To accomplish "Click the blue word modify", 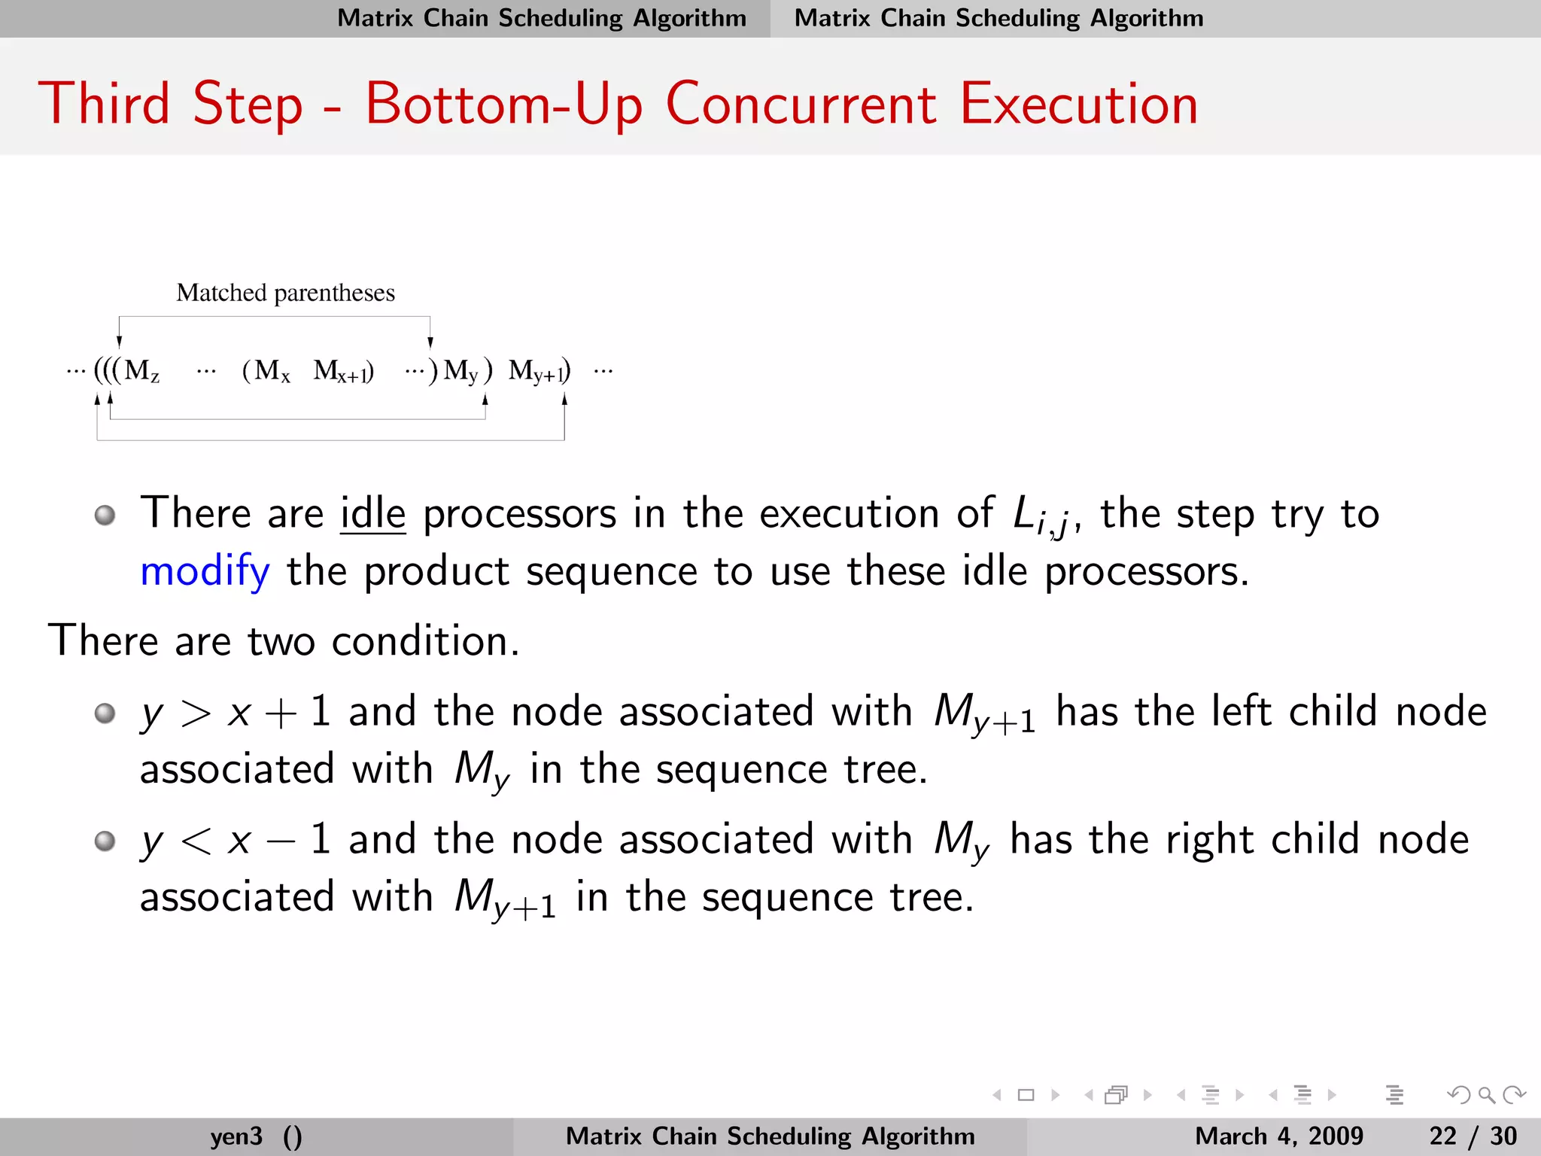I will click(x=205, y=572).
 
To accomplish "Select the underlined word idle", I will click(x=372, y=514).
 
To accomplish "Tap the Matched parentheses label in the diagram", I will click(x=285, y=293).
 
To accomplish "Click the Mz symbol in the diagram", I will click(x=141, y=370).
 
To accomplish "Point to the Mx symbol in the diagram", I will click(x=272, y=370).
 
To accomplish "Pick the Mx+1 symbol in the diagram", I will click(x=342, y=371).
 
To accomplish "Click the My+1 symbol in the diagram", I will click(x=537, y=371).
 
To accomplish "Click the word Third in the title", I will click(x=105, y=104).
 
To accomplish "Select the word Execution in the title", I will click(x=1078, y=104).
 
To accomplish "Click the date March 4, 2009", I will click(x=1278, y=1136).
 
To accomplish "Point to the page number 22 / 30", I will click(x=1473, y=1136).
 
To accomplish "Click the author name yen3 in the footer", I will click(x=236, y=1136).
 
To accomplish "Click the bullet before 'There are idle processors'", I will click(x=105, y=516).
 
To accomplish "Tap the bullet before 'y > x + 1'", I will click(x=105, y=713).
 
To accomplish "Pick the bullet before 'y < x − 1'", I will click(x=105, y=841).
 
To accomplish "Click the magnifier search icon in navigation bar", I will click(x=1485, y=1095).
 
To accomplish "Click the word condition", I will click(x=425, y=641).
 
